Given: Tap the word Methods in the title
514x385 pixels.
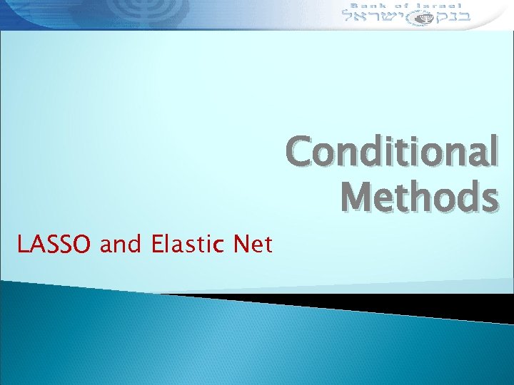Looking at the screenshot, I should [419, 197].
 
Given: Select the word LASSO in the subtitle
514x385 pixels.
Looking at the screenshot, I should [55, 245].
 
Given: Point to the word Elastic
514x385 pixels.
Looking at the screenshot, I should [188, 245].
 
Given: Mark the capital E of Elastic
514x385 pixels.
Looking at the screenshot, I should [158, 245].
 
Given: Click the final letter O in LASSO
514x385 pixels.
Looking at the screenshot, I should [84, 245].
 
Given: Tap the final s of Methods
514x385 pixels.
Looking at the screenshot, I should [488, 198].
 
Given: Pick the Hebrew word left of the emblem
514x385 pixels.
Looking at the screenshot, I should [370, 16].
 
